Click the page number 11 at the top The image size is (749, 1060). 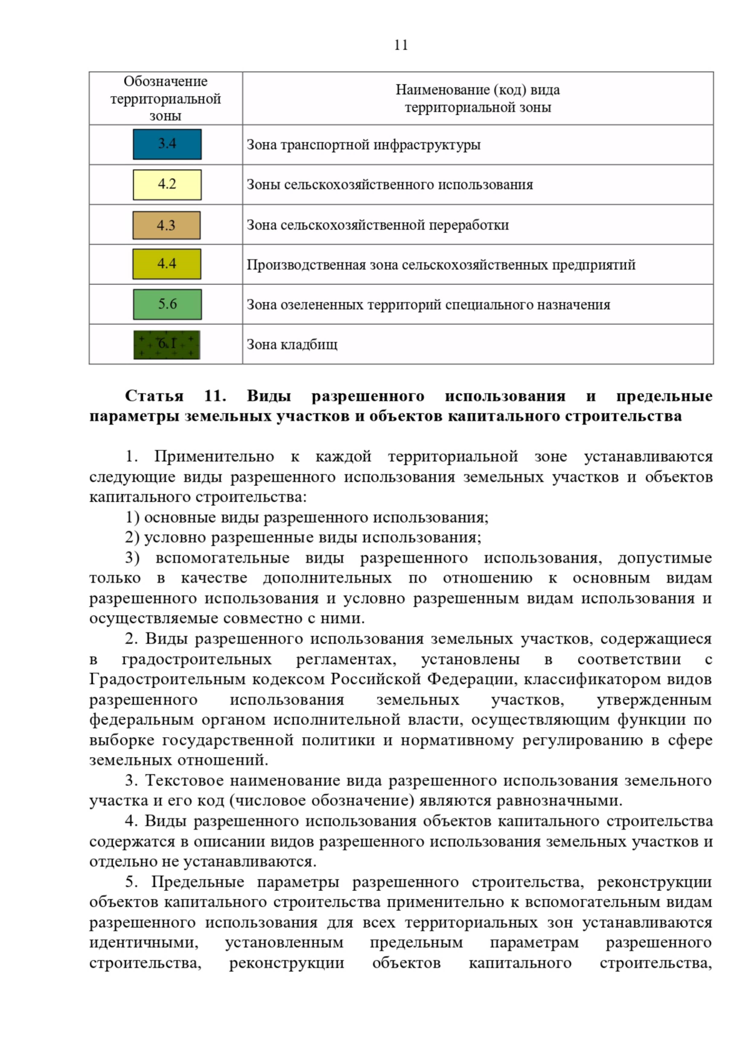click(401, 45)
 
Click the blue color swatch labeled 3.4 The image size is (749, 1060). click(167, 144)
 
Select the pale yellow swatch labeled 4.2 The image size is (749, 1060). click(167, 184)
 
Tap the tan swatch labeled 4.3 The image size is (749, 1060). click(167, 225)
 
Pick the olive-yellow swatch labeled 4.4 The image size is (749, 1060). click(167, 264)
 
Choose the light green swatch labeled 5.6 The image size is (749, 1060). click(167, 304)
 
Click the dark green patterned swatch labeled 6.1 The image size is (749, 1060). click(167, 345)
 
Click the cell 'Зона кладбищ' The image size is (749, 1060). click(292, 345)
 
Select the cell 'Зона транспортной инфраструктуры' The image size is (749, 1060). click(363, 145)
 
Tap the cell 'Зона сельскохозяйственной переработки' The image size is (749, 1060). click(378, 225)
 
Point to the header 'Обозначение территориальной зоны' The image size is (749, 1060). click(165, 99)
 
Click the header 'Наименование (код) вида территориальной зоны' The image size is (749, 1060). click(477, 99)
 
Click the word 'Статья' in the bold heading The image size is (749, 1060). click(154, 396)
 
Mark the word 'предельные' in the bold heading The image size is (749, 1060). click(663, 396)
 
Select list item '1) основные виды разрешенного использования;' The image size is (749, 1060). click(306, 517)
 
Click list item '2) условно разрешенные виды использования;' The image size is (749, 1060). click(303, 537)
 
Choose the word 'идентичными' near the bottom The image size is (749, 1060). click(144, 943)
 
